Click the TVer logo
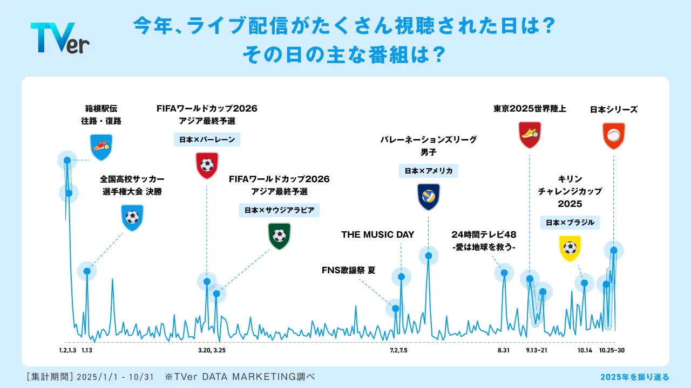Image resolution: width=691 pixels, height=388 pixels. [60, 38]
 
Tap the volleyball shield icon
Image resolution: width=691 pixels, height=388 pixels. [429, 197]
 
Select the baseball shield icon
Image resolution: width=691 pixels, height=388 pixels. [614, 136]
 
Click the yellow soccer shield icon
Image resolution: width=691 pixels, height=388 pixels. [570, 248]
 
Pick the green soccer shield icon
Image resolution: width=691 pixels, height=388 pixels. [279, 236]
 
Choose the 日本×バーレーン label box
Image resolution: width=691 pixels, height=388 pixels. [207, 140]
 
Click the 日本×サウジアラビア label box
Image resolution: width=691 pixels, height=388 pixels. [279, 210]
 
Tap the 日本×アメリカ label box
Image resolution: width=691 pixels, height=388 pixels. [429, 171]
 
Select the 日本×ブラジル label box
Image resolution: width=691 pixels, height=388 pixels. [570, 223]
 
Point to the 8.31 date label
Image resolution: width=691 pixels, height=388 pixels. [504, 350]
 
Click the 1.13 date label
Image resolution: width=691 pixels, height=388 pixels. [87, 350]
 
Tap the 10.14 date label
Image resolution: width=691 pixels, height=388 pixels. [585, 350]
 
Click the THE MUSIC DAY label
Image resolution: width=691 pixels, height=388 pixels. [377, 234]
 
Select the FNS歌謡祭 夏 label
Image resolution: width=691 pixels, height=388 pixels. [349, 270]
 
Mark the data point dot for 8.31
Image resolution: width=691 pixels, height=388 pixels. [504, 273]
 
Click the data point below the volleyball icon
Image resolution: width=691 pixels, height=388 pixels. [429, 255]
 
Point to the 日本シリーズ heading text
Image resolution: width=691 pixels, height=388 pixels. [614, 109]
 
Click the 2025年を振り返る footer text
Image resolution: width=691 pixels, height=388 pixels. [635, 377]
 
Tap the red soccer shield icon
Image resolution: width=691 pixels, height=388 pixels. [207, 165]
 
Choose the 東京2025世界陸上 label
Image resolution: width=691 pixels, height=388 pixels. [530, 109]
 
